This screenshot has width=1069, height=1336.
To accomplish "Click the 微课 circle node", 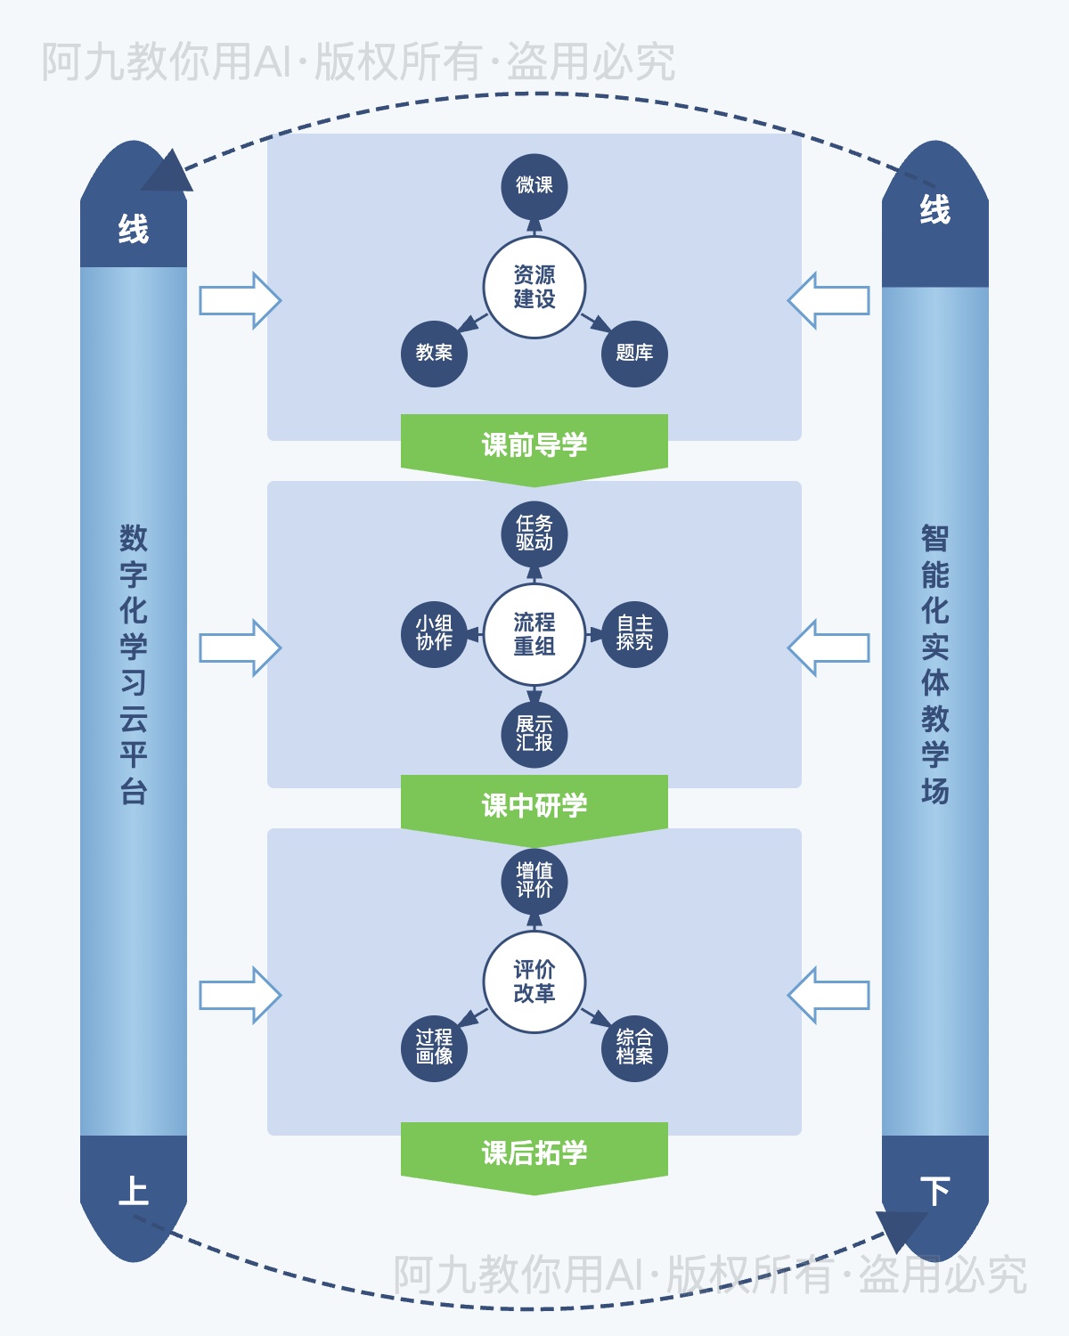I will tap(534, 186).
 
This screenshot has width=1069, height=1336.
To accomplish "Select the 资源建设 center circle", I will tap(534, 287).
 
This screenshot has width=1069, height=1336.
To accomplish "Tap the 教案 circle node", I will tap(434, 354).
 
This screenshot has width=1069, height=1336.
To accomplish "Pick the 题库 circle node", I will tap(634, 354).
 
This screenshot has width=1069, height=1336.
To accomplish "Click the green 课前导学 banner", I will tap(534, 444).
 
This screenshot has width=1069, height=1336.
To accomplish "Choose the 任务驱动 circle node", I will tap(534, 534).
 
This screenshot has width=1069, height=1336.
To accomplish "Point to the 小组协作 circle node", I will tap(434, 633).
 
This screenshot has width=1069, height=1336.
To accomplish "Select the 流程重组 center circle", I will tap(534, 634).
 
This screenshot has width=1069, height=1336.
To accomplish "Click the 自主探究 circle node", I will tap(634, 633).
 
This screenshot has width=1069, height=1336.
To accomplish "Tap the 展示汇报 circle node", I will tap(534, 734).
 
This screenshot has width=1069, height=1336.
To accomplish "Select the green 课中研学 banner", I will tap(534, 805).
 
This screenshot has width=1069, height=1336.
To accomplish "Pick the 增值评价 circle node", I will tap(534, 881).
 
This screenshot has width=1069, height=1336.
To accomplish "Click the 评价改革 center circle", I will tap(534, 982).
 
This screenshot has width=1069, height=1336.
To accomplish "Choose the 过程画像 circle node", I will tap(434, 1048).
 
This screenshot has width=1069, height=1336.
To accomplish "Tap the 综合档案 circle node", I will tap(634, 1048).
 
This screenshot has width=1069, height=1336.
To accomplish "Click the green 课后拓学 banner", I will tap(534, 1153).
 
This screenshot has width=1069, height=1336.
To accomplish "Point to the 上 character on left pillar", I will tap(134, 1191).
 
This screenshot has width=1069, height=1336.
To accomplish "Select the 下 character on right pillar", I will tap(934, 1191).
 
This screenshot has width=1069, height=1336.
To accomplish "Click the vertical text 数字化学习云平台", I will tap(134, 664).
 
